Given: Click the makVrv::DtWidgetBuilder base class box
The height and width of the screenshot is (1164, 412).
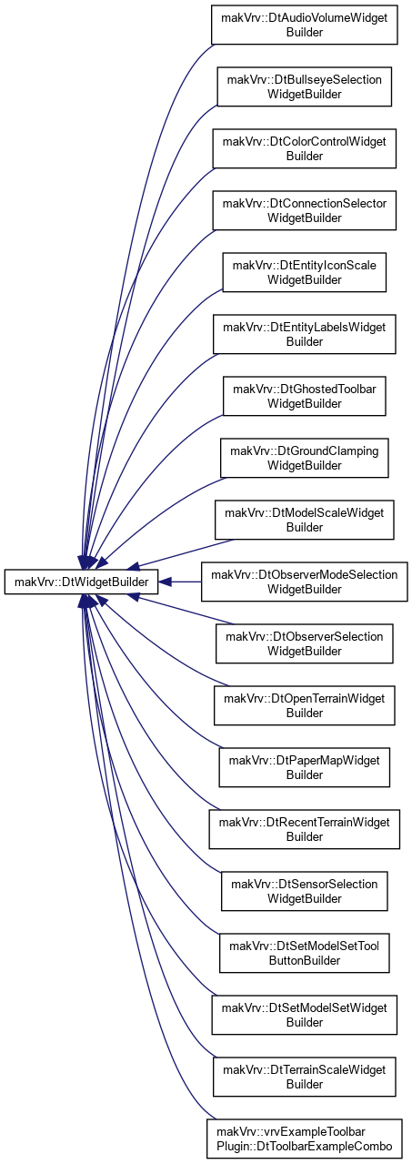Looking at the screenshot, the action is pos(81,582).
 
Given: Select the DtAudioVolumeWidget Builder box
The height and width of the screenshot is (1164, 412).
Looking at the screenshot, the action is pos(304,25).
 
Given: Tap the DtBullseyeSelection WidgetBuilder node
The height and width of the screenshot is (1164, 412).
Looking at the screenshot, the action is pos(304,86).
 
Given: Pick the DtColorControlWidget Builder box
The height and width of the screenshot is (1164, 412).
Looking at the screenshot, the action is pos(304,148).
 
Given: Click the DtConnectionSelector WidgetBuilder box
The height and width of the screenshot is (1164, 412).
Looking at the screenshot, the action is pos(304,210).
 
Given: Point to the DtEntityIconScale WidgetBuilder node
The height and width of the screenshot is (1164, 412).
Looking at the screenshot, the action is pos(304,272).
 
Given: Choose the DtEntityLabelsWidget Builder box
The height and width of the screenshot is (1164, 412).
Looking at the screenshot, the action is pos(304,334).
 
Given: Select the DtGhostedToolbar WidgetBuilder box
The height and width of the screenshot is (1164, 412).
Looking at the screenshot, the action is pos(304,396).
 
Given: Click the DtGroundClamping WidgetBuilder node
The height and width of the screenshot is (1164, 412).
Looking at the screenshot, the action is pos(304,458).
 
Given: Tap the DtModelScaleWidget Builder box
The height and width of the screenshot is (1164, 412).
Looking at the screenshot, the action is pos(304,520).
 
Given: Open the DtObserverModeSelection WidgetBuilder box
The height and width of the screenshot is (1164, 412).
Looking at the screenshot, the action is pos(304,582).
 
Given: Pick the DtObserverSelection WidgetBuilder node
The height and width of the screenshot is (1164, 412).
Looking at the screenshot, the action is pos(304,643).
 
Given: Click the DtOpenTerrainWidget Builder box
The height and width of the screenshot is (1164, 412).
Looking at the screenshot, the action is pos(304,705).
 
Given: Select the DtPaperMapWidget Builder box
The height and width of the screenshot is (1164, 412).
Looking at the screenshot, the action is pos(304,767).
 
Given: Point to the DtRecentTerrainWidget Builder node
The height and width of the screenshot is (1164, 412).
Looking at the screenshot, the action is pos(304,829).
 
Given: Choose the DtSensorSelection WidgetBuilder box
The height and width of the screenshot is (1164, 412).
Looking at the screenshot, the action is pos(304,891).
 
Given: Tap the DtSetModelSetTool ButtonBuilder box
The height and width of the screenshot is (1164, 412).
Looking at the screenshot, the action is pos(304,953).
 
